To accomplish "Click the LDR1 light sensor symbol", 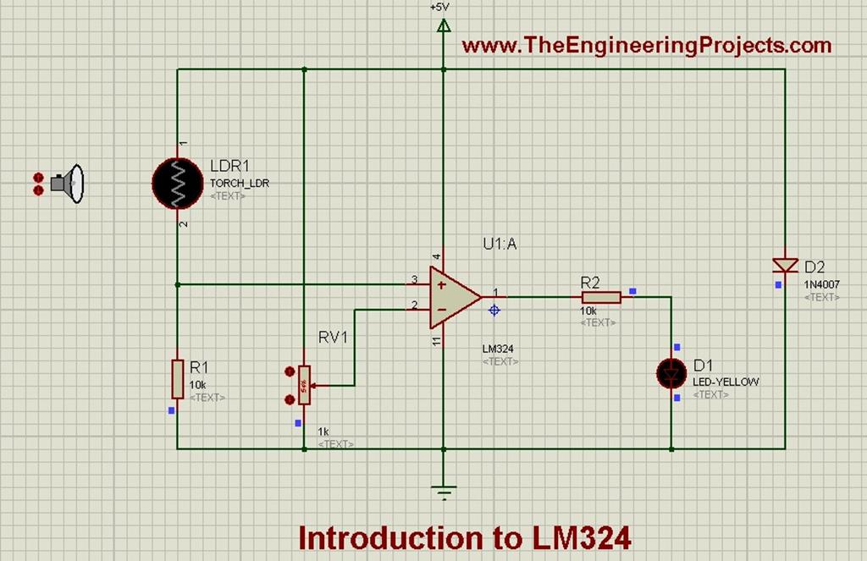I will [x=177, y=181].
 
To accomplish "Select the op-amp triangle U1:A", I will [x=453, y=297].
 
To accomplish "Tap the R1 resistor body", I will [x=177, y=378].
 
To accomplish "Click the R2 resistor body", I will [x=601, y=297].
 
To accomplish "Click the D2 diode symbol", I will [x=785, y=265].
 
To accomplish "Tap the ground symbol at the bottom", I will [x=443, y=489].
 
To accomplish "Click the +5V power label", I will [x=439, y=7].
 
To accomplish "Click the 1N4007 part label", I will [x=821, y=285].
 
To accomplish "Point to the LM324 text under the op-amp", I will [x=499, y=349].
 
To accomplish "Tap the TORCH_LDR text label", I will [x=239, y=184].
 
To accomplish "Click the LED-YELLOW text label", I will [x=726, y=382].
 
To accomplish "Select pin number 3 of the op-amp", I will [x=414, y=279].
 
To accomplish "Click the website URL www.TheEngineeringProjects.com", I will [x=647, y=45].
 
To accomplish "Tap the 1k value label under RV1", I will [x=323, y=431].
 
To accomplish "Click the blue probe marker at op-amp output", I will [x=494, y=311].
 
